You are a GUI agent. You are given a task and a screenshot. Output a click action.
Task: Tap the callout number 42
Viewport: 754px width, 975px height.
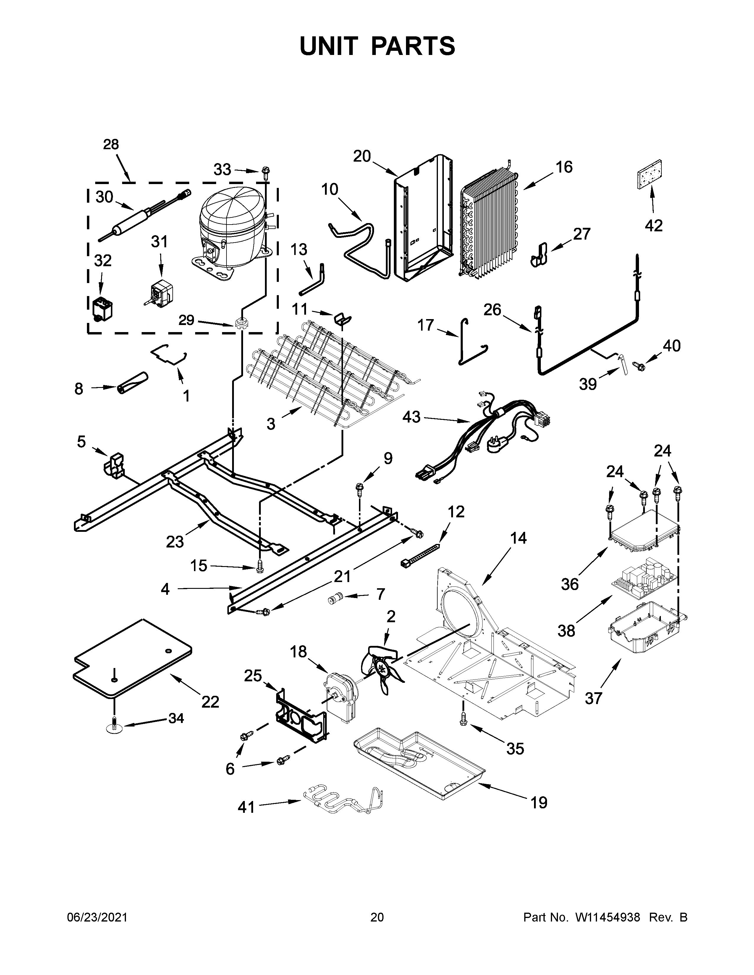point(653,226)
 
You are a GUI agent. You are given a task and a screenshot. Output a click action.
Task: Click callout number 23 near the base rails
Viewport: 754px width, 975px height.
point(175,542)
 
